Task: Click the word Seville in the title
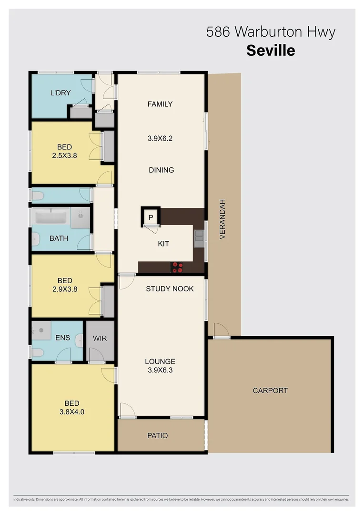[270, 50]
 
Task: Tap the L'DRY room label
[61, 93]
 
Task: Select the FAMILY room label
[160, 104]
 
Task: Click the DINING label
[161, 170]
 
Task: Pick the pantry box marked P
[151, 218]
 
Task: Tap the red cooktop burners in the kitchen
[177, 267]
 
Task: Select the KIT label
[163, 244]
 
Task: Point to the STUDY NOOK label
[170, 288]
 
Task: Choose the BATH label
[59, 238]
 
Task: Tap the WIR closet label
[100, 338]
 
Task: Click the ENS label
[62, 338]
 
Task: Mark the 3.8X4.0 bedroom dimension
[71, 411]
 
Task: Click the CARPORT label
[270, 391]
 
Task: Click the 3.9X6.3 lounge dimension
[161, 369]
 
